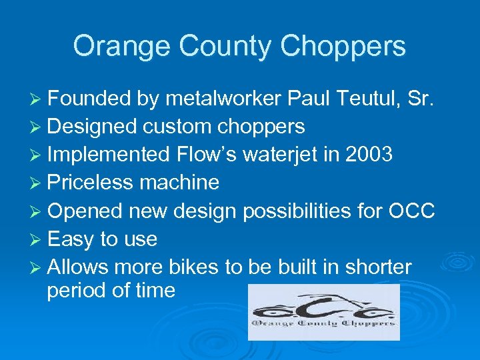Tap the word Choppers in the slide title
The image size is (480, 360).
[343, 47]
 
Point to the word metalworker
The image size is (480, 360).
[223, 99]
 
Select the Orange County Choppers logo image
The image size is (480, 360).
[323, 312]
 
